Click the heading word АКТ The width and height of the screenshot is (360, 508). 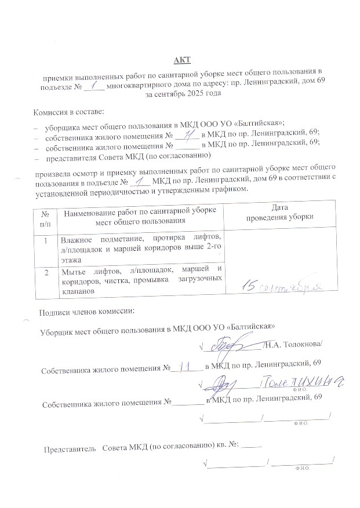[x=181, y=60]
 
